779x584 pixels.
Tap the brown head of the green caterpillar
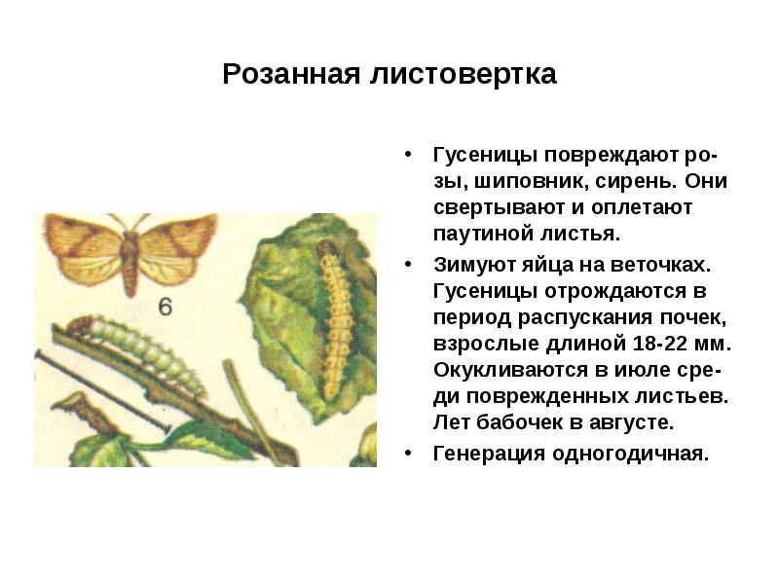[x=84, y=325]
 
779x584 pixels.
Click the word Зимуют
[x=472, y=265]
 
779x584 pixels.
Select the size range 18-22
[x=667, y=345]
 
